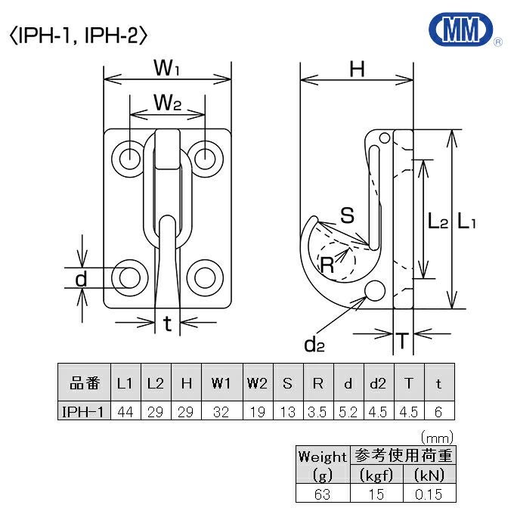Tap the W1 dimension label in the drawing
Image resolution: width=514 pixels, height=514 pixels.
point(167,69)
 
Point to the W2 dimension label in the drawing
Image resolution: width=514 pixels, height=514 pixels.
point(167,102)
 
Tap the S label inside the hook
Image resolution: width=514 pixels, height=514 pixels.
point(347,215)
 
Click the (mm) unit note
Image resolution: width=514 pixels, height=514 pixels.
point(436,438)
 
